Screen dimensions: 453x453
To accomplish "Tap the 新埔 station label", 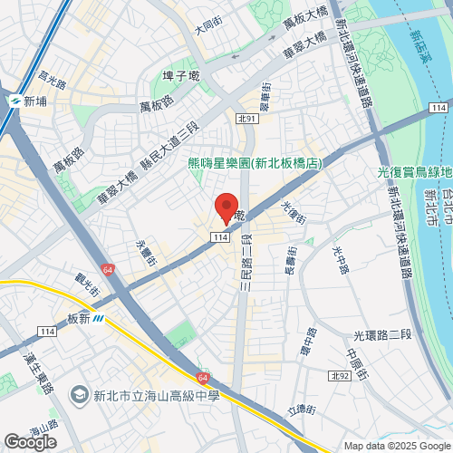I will click(34, 101).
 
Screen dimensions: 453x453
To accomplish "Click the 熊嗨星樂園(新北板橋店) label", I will click(255, 164).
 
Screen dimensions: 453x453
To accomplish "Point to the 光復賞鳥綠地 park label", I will click(414, 173).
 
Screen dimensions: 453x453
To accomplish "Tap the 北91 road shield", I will click(247, 118).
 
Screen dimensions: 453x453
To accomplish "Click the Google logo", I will click(29, 441).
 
